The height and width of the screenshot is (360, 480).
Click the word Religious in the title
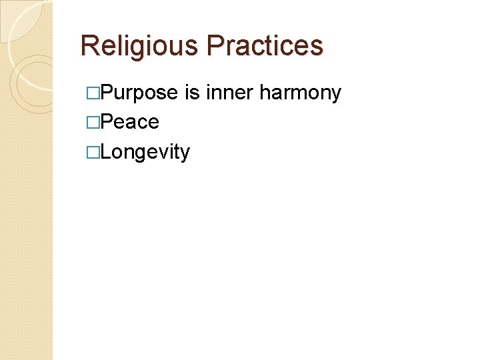click(139, 46)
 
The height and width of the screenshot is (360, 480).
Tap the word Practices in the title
click(265, 46)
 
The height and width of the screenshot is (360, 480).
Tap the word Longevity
click(146, 153)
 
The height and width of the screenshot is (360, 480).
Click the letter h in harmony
click(265, 92)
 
